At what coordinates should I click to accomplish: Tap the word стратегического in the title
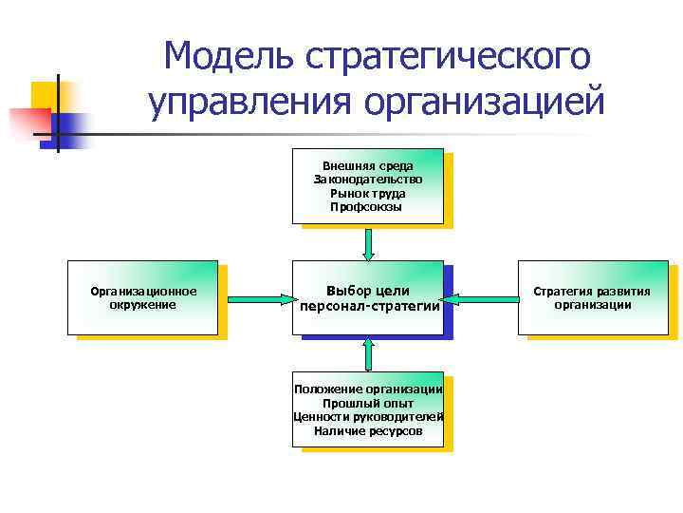coord(448,57)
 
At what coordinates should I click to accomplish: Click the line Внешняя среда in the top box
coord(367,165)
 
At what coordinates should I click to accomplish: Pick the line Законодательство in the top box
coord(367,179)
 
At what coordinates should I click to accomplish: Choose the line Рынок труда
coord(367,193)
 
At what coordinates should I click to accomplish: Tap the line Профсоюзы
coord(367,206)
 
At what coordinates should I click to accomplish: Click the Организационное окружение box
coord(142,297)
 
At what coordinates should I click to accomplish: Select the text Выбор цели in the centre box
coord(367,290)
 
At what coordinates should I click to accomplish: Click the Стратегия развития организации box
coord(592,297)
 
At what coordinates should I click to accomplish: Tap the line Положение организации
coord(368,389)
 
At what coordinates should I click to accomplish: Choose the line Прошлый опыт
coord(368,403)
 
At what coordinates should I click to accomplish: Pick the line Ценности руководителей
coord(368,417)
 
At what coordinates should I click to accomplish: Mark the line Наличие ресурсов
coord(368,430)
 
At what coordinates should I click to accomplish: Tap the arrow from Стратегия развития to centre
coord(480,298)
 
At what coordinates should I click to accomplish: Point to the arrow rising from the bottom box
coord(368,353)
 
